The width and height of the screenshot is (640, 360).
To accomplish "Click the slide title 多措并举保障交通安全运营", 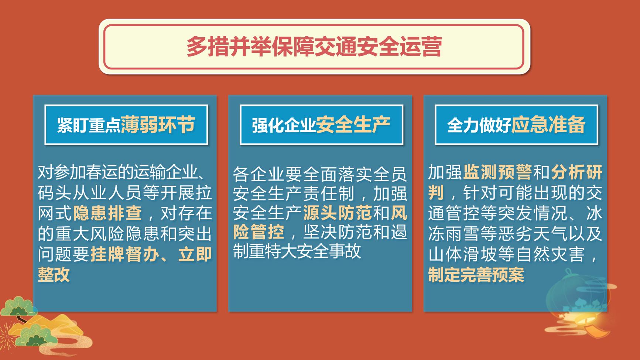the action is [x=314, y=47].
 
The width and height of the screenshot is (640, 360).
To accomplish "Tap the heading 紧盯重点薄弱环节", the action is [x=126, y=125].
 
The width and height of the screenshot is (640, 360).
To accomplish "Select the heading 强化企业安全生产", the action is [x=321, y=125].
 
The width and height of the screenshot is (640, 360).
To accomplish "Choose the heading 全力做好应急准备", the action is [x=516, y=125].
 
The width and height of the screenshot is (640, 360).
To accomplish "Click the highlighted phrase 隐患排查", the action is [x=107, y=213].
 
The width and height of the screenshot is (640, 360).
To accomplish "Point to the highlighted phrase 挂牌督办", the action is [x=125, y=254].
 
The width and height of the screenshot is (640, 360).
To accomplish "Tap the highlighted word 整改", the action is [x=54, y=275].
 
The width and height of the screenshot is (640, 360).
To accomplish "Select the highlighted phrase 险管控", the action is [x=259, y=232].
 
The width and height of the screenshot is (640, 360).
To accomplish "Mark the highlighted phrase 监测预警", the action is [x=497, y=172].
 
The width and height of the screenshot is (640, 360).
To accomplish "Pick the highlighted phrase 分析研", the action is [x=577, y=172].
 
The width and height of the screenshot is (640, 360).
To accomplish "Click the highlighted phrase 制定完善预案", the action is [x=476, y=275].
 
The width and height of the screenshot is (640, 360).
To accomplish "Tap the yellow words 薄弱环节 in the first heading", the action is [x=158, y=124].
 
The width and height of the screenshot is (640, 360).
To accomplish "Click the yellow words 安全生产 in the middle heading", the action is [x=353, y=124].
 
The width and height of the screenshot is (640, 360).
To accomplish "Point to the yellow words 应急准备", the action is [x=548, y=124].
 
